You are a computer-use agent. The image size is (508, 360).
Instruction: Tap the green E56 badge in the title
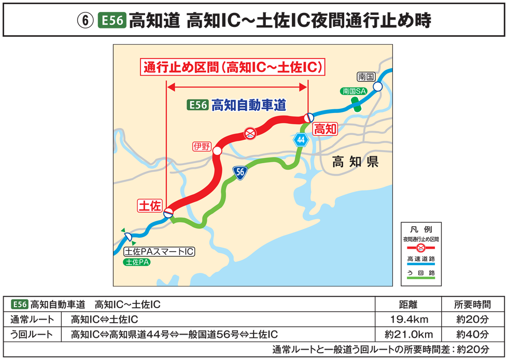(111, 21)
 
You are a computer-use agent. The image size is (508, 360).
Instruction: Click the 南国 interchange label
(366, 77)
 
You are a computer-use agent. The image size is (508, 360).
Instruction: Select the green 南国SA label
(354, 91)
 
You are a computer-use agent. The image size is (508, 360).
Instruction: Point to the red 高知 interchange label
(326, 129)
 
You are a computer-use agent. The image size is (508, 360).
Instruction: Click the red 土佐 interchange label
(150, 206)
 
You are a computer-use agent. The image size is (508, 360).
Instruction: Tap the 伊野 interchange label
(202, 146)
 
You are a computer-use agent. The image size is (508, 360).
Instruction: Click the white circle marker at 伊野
(217, 151)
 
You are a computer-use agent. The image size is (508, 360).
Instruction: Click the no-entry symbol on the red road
(250, 134)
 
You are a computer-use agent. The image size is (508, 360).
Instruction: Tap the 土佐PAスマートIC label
(159, 252)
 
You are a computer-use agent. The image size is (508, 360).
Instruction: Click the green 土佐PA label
(137, 262)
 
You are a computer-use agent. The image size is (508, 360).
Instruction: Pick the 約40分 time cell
(472, 334)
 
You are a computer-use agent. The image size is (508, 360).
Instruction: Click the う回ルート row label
(32, 334)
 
